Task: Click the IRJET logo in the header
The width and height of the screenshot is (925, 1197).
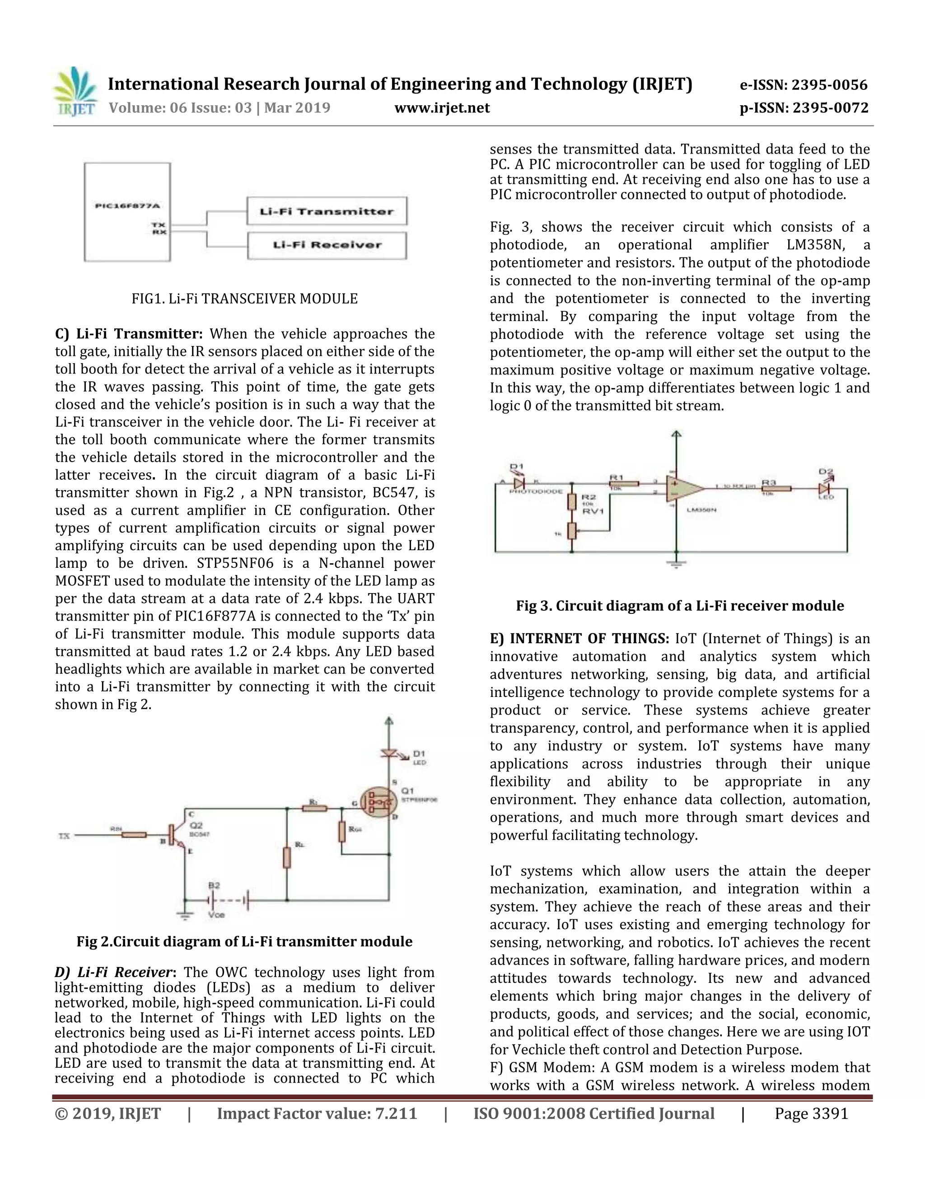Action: pos(75,92)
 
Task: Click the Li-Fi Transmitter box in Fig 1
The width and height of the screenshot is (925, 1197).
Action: pos(327,211)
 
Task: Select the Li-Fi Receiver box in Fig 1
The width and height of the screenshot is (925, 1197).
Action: pos(327,245)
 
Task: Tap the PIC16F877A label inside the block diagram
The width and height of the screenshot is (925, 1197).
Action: pos(126,206)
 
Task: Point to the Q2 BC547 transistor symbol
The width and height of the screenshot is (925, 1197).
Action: pos(178,836)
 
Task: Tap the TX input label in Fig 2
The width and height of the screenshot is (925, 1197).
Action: pos(64,836)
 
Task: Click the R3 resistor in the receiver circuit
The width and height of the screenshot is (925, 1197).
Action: pos(776,488)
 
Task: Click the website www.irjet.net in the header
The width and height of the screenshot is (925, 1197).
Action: pos(442,108)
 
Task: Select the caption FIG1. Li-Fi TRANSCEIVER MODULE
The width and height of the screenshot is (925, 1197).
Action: pos(244,299)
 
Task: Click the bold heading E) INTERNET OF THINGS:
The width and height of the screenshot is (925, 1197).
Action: pos(579,639)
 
